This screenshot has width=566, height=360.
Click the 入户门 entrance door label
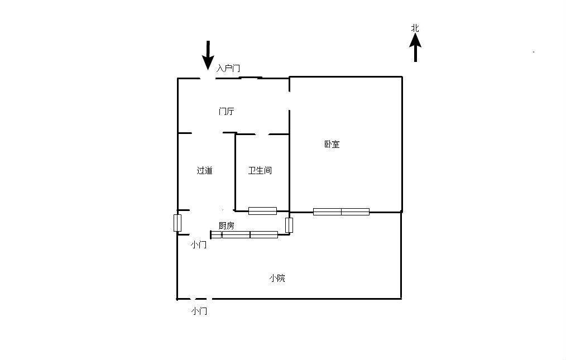tap(228, 69)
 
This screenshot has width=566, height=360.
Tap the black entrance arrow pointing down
tap(208, 55)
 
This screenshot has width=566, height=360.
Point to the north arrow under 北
tap(415, 48)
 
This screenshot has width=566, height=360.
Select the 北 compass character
tap(415, 28)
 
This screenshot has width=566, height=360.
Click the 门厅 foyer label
tap(226, 112)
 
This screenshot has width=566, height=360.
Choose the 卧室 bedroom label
tap(332, 145)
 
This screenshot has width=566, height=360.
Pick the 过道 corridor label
tap(204, 171)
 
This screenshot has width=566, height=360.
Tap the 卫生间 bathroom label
tap(260, 171)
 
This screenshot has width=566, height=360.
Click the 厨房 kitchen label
tap(226, 226)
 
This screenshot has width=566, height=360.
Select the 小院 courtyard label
tap(277, 278)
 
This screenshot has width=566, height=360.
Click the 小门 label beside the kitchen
tap(199, 244)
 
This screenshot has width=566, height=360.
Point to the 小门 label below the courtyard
tap(199, 311)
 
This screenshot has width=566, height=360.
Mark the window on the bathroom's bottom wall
tap(262, 211)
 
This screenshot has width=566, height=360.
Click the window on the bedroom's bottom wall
tap(341, 212)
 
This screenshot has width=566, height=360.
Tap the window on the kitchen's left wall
tap(178, 223)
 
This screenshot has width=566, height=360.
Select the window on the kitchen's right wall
tap(289, 225)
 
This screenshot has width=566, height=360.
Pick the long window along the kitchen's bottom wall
tap(250, 234)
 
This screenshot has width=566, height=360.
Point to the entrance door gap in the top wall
tap(208, 78)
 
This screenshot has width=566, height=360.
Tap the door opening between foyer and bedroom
tap(289, 100)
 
